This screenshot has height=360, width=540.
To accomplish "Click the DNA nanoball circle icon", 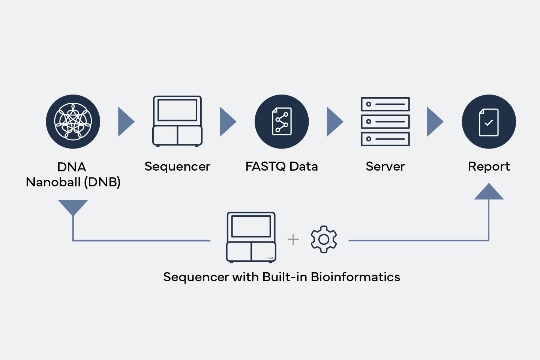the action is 73,121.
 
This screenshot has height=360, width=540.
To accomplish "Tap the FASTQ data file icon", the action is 282,121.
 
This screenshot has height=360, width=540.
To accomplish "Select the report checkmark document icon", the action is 489,121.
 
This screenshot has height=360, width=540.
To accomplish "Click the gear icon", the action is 324,239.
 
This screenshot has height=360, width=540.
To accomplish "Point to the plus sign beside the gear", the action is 293,239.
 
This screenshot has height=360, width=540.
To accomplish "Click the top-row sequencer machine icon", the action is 177,121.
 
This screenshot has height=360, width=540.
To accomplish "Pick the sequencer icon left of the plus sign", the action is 251,237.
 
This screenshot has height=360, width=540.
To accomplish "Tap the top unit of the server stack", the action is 385,104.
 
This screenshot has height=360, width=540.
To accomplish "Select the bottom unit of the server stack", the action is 385,139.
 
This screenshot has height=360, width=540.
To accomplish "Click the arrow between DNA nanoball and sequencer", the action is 126,122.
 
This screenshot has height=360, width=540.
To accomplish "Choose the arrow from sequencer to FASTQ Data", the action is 228,122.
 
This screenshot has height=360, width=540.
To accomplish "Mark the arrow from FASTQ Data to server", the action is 335,122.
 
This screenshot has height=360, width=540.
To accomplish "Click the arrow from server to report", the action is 435,122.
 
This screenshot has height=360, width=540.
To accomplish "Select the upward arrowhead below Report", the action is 489,192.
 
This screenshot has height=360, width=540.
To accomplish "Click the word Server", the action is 385,166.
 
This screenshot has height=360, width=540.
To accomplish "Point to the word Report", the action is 489,167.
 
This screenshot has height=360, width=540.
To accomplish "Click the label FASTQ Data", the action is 282,166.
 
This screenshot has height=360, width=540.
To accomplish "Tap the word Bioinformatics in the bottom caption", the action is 355,277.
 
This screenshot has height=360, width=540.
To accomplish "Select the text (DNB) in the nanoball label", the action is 102,182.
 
